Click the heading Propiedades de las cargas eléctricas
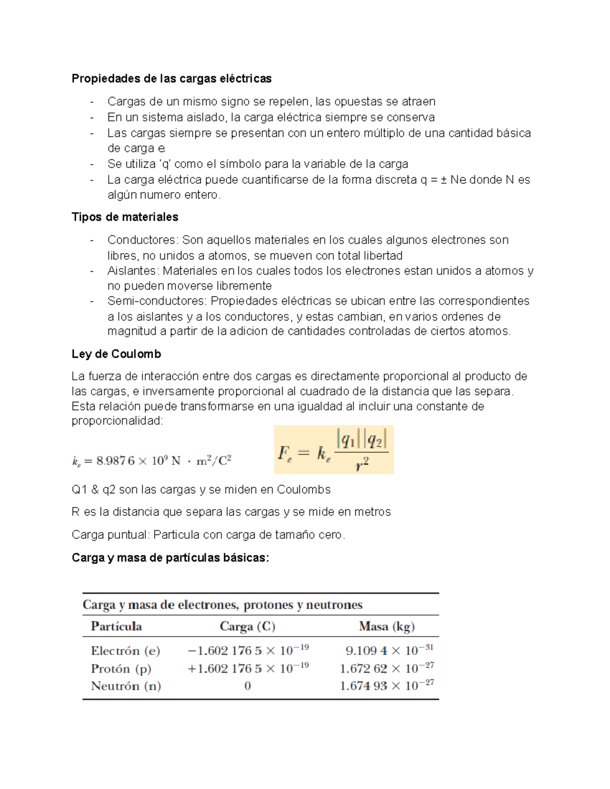pos(171,79)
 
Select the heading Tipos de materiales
pos(125,217)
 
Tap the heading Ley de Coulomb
pos(116,354)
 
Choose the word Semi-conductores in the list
pos(157,301)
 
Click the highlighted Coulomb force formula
pos(333,450)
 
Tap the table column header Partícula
pos(116,626)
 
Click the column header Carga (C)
pos(247,626)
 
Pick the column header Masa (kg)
pos(386,626)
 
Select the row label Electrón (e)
pos(125,651)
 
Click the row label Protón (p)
pos(121,669)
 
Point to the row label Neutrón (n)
pos(126,686)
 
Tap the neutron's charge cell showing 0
pos(248,686)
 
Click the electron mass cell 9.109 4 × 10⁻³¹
pos(389,651)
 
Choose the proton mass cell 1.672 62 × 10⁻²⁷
pos(386,669)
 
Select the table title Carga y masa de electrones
pos(222,605)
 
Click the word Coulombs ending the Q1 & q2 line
pos(303,490)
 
